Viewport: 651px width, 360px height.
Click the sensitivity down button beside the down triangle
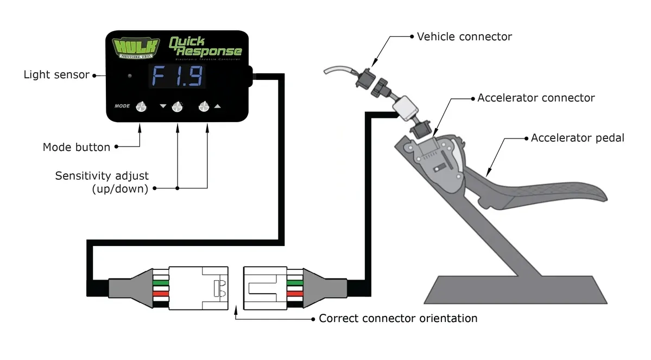177,107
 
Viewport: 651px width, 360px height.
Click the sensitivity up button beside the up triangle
204,107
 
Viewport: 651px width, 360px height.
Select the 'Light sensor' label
56,75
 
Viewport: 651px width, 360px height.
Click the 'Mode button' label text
77,147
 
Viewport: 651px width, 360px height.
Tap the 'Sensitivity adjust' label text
102,176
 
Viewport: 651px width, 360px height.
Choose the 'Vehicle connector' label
464,37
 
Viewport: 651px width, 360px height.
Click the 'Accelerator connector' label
536,98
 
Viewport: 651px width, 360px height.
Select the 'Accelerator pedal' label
578,138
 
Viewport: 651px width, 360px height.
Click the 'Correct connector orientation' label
398,318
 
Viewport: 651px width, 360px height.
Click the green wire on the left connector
161,282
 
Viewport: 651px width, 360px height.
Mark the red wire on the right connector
294,294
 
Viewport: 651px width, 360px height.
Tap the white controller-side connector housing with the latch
198,287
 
